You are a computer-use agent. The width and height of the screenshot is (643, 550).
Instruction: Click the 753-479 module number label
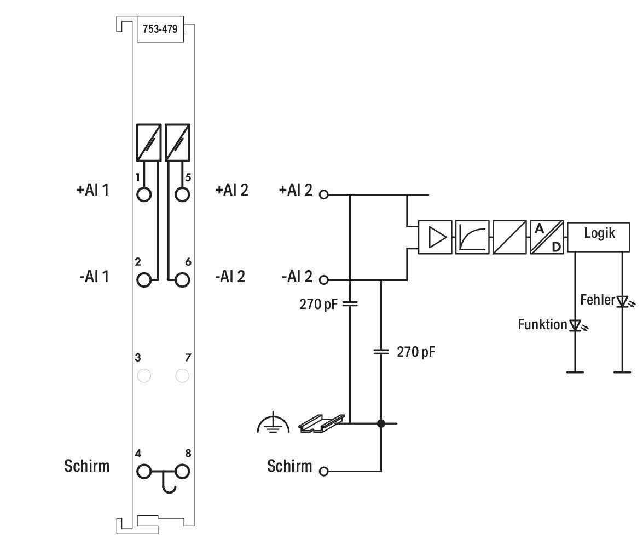(x=160, y=29)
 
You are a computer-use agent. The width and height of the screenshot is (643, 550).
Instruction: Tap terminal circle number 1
(x=144, y=194)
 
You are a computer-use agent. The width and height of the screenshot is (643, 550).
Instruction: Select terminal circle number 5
(x=182, y=194)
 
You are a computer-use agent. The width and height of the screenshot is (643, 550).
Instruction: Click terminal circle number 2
(x=144, y=280)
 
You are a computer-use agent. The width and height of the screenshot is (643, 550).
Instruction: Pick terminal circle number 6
(x=182, y=280)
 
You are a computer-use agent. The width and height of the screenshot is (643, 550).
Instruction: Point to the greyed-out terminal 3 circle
(x=144, y=376)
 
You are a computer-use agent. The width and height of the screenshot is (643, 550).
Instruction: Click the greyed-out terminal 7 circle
(x=182, y=376)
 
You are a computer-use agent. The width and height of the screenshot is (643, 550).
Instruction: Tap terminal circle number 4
(x=144, y=472)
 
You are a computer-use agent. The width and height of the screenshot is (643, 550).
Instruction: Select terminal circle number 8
(x=182, y=472)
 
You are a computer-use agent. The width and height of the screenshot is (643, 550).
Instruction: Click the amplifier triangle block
(x=435, y=237)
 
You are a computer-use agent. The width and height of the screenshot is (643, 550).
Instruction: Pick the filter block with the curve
(x=472, y=237)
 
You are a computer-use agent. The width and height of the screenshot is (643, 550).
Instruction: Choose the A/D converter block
(x=547, y=237)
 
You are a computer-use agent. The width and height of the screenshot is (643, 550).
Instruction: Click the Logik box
(x=599, y=237)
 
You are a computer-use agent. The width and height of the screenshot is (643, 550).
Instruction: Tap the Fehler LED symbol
(x=624, y=302)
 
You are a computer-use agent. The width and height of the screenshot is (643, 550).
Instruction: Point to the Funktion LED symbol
(x=577, y=326)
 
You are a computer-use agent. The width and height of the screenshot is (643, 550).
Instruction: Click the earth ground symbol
(x=273, y=425)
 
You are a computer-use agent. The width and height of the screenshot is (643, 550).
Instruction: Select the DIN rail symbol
(x=322, y=423)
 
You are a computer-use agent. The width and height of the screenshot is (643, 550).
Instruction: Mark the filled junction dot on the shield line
(x=381, y=423)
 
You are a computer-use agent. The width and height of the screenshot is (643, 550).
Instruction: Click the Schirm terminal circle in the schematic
(x=324, y=472)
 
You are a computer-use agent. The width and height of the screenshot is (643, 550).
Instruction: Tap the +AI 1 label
(x=92, y=190)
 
